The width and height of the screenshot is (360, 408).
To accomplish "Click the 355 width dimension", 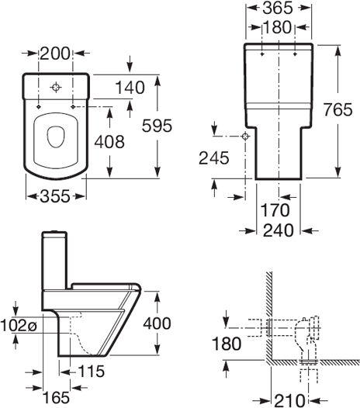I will (x=55, y=197).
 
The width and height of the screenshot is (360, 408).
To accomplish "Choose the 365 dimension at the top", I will (x=278, y=9).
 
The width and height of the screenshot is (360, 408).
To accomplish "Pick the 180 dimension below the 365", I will (x=278, y=27).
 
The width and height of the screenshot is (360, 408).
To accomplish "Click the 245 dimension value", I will (x=214, y=158).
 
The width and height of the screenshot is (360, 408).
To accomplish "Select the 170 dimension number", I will (x=275, y=209).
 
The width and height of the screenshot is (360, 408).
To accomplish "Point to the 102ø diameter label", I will (x=19, y=326).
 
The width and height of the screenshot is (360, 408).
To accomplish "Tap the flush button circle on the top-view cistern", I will (x=55, y=87).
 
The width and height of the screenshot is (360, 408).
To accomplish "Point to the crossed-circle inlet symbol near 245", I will (x=245, y=137).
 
